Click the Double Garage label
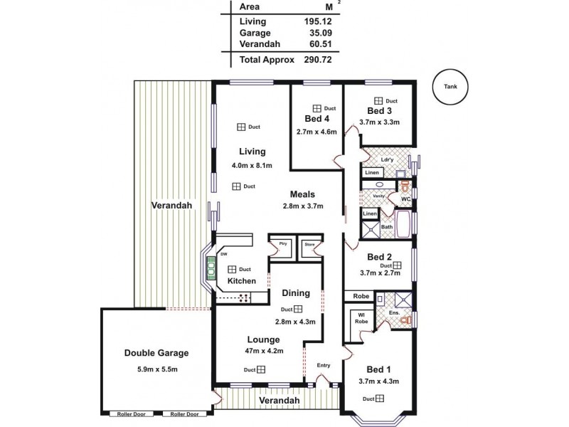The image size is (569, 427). click(x=156, y=352)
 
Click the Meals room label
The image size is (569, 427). click(x=302, y=194)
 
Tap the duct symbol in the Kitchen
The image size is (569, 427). click(x=232, y=269)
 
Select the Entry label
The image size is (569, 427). click(x=324, y=366)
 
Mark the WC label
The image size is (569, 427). click(x=405, y=199)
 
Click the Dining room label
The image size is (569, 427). click(x=295, y=292)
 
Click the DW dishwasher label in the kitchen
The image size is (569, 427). click(x=223, y=253)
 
